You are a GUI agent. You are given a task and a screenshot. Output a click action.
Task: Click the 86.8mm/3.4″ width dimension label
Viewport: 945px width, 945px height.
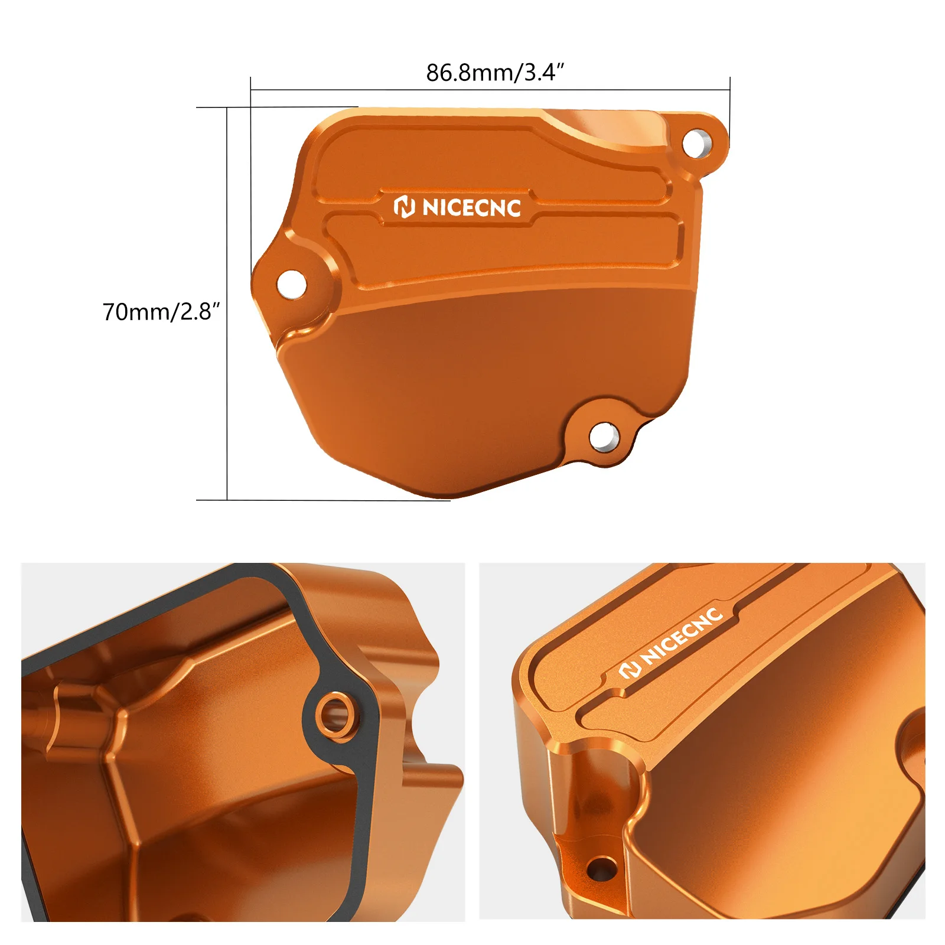point(495,73)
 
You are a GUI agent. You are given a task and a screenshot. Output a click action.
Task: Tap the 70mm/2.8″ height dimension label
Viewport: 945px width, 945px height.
point(161,312)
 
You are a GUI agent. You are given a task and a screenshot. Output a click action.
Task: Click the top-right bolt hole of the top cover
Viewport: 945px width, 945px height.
point(696,144)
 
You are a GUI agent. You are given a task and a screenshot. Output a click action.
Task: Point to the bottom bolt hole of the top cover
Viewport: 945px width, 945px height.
point(603,438)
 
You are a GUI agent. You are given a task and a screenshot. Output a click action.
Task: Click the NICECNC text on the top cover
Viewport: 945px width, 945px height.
point(472,208)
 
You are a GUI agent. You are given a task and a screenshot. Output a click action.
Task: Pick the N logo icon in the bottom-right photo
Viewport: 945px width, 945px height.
point(630,670)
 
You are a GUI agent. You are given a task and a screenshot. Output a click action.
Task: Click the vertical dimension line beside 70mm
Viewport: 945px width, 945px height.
point(227,384)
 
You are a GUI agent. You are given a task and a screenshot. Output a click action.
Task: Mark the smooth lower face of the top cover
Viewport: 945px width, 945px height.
point(472,378)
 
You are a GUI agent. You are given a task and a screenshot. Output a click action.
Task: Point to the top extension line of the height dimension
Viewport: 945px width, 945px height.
point(278,107)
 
